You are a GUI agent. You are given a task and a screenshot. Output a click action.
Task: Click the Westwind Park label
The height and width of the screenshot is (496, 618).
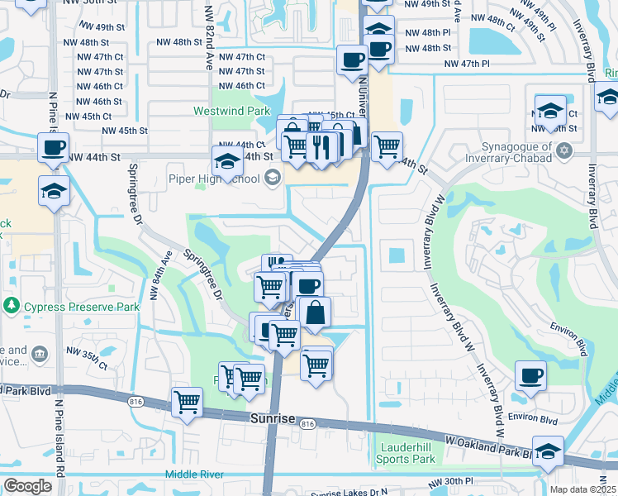tap(220, 111)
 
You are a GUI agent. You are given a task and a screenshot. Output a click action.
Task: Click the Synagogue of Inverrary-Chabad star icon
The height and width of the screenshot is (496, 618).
tap(564, 150)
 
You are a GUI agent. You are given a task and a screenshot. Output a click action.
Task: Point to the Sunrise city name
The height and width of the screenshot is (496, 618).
tap(272, 419)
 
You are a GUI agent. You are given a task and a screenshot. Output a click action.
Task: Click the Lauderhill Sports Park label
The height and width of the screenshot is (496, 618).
tap(405, 452)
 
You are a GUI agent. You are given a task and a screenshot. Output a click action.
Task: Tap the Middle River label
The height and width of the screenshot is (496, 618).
tap(194, 474)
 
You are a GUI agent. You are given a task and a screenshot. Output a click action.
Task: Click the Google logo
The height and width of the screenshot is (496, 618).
tap(26, 486)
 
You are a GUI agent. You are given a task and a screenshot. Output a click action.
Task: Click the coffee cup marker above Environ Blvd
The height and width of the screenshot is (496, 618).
tap(530, 377)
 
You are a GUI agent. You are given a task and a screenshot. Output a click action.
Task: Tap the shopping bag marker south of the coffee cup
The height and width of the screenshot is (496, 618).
tap(316, 312)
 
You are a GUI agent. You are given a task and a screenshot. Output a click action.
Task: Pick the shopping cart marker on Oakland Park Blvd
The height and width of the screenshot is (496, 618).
tap(188, 403)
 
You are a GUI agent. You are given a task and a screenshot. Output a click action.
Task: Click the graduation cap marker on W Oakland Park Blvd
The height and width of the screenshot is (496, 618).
tap(547, 451)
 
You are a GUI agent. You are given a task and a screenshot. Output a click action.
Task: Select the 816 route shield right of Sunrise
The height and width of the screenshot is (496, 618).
tap(308, 424)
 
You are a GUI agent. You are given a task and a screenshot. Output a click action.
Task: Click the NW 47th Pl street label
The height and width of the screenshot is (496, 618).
tap(467, 64)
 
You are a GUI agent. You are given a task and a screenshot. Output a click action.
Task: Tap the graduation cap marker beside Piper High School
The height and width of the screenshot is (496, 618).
tap(227, 160)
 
